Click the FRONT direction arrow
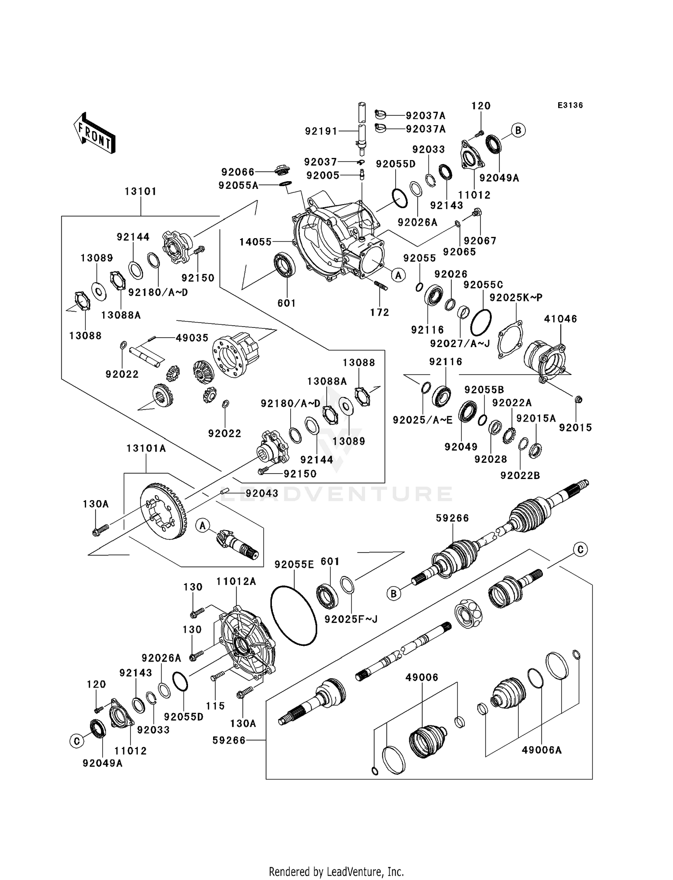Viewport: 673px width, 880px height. (x=95, y=134)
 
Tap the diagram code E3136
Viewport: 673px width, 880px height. (x=570, y=105)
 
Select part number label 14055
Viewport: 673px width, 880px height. (x=255, y=242)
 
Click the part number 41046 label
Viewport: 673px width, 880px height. (x=560, y=319)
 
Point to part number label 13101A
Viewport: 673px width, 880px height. (x=146, y=449)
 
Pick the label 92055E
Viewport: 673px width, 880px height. (x=294, y=565)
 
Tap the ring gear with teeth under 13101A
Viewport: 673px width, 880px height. (x=164, y=512)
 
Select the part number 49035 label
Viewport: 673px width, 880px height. (x=192, y=338)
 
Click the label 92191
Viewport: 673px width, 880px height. (x=321, y=131)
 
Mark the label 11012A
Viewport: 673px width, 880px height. (x=236, y=582)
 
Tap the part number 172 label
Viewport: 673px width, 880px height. (x=380, y=312)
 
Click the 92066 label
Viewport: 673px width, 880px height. (x=238, y=172)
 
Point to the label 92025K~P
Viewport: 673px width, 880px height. (x=516, y=297)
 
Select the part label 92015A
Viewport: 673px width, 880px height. (x=536, y=418)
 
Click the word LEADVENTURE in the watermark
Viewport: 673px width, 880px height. (x=336, y=494)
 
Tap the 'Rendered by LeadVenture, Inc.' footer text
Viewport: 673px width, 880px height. (x=336, y=871)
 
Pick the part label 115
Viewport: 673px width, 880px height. (x=215, y=706)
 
